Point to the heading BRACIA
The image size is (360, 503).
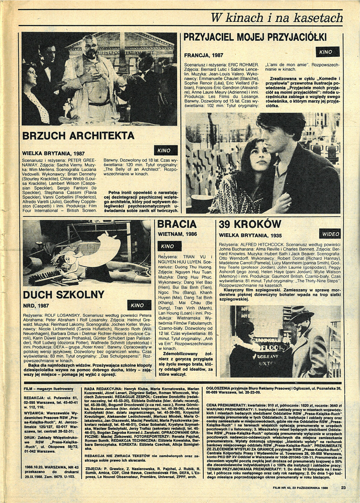click(x=177, y=224)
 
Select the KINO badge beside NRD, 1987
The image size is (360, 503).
click(x=137, y=305)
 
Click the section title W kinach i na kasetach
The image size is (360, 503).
click(x=277, y=17)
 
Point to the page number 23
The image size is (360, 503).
click(x=343, y=488)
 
